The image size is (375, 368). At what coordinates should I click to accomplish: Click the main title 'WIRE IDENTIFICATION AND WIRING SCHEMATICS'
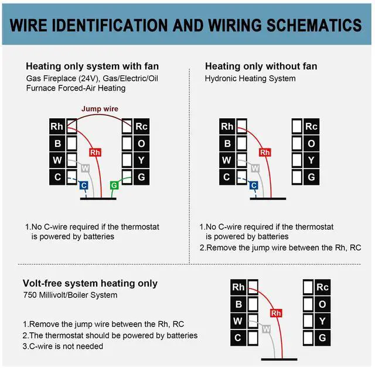point(186,25)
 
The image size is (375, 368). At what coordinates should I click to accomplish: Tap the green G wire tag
point(114,185)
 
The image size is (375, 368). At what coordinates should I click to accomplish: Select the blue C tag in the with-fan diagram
point(84,185)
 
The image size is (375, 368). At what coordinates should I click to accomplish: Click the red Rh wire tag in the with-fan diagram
point(96,152)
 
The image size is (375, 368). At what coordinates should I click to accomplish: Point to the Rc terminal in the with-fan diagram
point(141,126)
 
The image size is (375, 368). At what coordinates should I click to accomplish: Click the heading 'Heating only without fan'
point(261,66)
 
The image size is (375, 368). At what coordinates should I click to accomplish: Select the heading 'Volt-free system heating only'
point(90,283)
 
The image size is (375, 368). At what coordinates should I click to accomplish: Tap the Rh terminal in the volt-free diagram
point(238,287)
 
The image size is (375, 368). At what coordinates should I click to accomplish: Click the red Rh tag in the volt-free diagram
point(277,312)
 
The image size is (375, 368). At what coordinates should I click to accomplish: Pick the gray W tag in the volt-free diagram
point(266,329)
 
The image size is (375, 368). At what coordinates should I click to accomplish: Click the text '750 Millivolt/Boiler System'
point(70,295)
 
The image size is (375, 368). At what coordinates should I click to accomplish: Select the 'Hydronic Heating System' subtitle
point(250,78)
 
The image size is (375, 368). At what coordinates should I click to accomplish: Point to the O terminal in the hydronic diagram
point(311,143)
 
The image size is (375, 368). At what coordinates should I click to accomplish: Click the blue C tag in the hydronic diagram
point(254,185)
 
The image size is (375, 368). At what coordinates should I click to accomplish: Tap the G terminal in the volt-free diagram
point(322,338)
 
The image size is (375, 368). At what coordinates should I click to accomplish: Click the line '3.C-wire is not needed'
point(63,346)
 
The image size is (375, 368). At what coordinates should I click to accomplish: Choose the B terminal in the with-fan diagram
point(57,143)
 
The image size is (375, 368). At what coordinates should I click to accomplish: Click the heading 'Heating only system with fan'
point(92,66)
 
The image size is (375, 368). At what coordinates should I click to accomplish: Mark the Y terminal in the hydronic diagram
point(311,160)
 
